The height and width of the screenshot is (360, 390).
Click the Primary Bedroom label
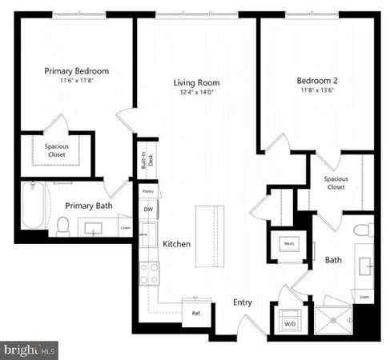76,71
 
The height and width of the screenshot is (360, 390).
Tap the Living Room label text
196,82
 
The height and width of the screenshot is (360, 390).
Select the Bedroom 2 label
318,80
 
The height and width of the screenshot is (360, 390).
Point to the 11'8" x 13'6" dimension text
318,91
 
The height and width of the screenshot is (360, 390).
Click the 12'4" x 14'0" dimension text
196,93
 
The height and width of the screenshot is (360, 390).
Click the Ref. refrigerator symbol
196,313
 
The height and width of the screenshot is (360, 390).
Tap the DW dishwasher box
147,210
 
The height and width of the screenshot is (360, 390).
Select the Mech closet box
288,244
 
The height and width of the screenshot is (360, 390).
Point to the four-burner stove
149,274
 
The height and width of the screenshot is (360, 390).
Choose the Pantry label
147,192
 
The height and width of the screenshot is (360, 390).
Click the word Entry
243,302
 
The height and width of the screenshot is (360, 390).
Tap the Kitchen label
176,243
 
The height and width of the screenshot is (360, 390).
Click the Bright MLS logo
30,349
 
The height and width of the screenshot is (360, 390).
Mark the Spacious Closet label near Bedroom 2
335,183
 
